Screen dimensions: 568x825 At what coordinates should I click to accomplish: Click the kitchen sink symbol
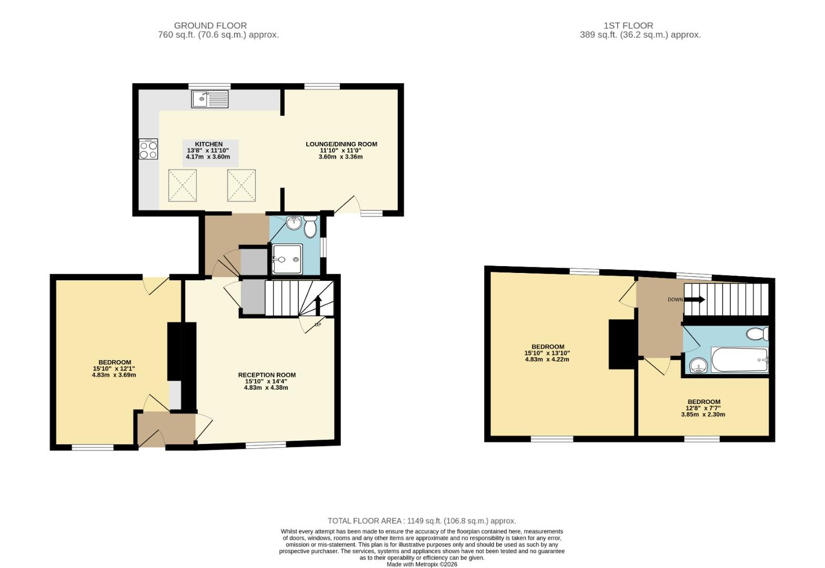(210, 99)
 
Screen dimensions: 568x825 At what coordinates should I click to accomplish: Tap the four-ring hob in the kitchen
(148, 149)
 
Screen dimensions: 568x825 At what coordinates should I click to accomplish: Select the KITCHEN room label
(209, 144)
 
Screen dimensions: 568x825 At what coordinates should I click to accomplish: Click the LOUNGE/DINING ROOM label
(341, 144)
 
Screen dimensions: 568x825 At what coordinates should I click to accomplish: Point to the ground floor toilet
(310, 227)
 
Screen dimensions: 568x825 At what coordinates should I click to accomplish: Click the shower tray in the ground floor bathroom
(287, 259)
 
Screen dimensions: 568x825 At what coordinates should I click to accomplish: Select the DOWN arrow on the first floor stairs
(695, 300)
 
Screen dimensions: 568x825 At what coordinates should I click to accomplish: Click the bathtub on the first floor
(739, 360)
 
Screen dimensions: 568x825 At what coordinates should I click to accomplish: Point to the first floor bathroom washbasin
(699, 365)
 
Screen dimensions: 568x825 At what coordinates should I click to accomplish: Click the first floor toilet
(758, 334)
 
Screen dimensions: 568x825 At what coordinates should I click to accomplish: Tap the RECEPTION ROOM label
(267, 375)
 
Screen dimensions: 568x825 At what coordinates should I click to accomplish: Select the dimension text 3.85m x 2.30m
(703, 414)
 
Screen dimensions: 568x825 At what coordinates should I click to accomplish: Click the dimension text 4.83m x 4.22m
(547, 360)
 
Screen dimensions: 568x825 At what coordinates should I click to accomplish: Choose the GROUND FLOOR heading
(210, 25)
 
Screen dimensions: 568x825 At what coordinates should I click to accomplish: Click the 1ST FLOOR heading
(628, 25)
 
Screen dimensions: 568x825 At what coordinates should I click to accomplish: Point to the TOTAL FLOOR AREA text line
(421, 521)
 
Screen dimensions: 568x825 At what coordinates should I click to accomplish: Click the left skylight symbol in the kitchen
(183, 185)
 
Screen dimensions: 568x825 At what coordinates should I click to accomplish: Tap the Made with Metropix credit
(422, 564)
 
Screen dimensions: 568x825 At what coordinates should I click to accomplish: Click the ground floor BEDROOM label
(114, 362)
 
